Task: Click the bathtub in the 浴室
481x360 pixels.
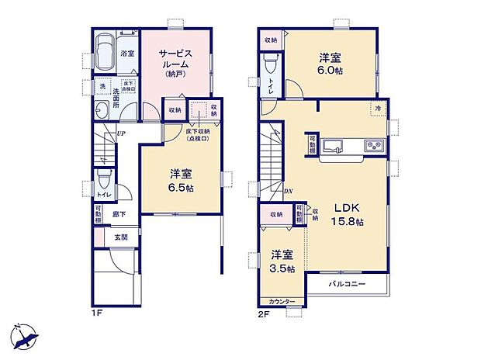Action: [x=106, y=44]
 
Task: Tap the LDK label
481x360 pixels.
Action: [x=346, y=207]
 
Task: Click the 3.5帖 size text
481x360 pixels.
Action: [x=282, y=268]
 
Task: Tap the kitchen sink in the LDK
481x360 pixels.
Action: [x=334, y=145]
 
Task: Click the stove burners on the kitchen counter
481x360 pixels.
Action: [x=371, y=145]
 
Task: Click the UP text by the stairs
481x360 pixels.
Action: [x=121, y=133]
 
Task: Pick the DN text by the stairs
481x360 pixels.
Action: [x=288, y=192]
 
